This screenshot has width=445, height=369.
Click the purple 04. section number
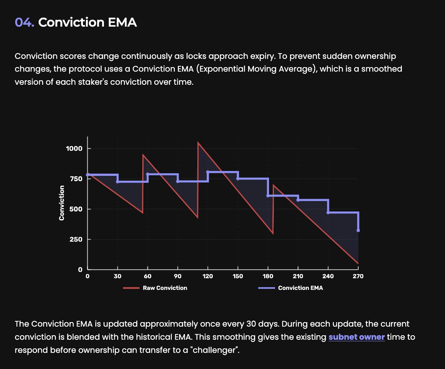tap(25, 22)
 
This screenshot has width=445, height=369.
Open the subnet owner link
tap(356, 337)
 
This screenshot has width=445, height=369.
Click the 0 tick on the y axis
tap(80, 269)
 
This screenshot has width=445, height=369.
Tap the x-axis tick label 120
tap(207, 276)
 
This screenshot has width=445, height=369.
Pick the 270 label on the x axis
tap(358, 276)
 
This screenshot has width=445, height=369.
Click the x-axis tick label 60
tap(147, 276)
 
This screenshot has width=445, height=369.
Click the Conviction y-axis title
tap(62, 202)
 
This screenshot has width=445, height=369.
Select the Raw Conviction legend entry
tap(165, 288)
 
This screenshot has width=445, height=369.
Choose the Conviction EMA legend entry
tap(300, 288)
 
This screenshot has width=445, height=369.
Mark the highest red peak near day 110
tap(198, 142)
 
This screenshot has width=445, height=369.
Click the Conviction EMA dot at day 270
tap(358, 230)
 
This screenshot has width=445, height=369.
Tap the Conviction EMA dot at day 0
tap(87, 175)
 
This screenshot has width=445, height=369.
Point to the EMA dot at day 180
tap(268, 196)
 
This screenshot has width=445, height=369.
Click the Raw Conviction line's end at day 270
tap(358, 263)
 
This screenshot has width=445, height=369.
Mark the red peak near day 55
tap(143, 154)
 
